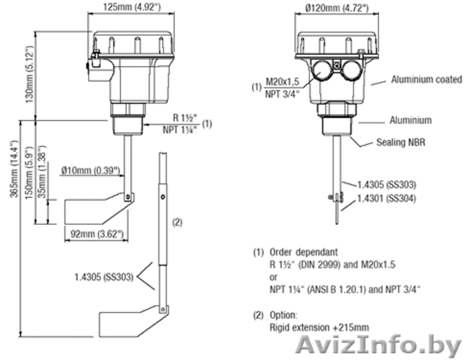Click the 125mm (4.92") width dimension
tap(132, 7)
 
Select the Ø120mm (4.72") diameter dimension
tap(336, 8)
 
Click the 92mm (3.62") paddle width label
tap(97, 234)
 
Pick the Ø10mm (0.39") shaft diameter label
tap(91, 170)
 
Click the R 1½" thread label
tap(185, 118)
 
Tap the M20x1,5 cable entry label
tap(282, 82)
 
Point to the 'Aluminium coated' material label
tap(426, 79)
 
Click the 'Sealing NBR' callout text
tap(400, 142)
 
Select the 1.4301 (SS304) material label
tap(386, 198)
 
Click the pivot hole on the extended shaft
tap(163, 197)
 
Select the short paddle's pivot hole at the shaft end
tap(128, 197)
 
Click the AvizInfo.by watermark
tap(378, 347)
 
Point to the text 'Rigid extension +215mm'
tap(319, 328)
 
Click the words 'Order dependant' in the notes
tap(303, 252)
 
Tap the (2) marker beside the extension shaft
tap(177, 222)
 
